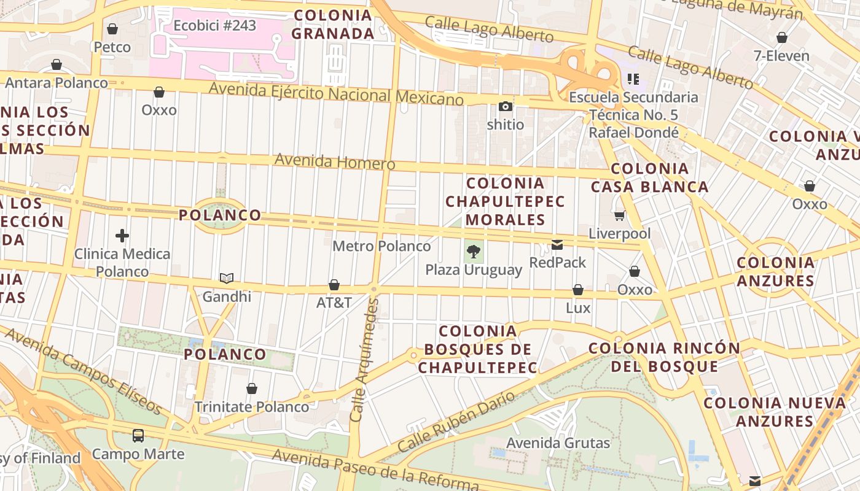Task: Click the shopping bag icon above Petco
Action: (x=112, y=29)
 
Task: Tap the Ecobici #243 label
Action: (x=214, y=26)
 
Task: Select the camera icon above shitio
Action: (x=506, y=107)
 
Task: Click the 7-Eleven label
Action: (x=781, y=56)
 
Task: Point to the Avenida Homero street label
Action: (x=335, y=161)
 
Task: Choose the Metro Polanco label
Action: (x=381, y=246)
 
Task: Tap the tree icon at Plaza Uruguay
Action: (x=474, y=250)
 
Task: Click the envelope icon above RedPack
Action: (x=557, y=245)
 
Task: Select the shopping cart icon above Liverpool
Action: (x=619, y=215)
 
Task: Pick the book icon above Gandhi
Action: (x=227, y=278)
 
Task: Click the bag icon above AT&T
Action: (x=334, y=285)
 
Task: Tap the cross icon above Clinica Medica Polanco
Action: (x=122, y=235)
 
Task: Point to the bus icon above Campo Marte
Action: (x=138, y=436)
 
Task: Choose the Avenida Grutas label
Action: (x=558, y=443)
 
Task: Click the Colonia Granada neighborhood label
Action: (x=332, y=25)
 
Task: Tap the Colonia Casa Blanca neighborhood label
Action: (x=650, y=177)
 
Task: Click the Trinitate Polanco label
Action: (x=252, y=407)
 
